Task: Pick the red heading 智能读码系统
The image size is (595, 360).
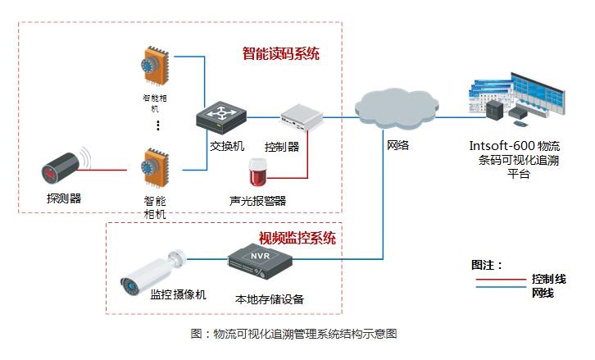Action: [x=280, y=54]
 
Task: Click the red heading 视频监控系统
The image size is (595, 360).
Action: [x=297, y=239]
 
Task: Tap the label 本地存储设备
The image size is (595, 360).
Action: [x=263, y=298]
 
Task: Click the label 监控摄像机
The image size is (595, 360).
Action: [x=179, y=294]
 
